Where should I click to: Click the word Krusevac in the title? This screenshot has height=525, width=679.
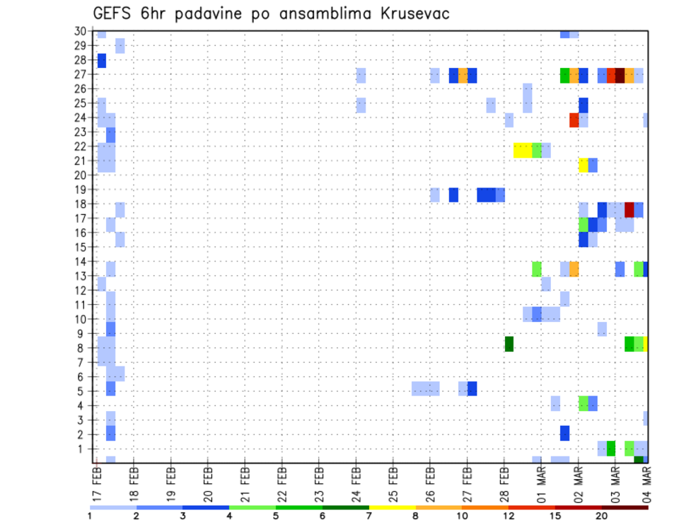(407, 13)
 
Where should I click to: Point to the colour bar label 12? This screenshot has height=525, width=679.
(509, 514)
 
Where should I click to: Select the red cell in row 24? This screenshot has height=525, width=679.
(574, 120)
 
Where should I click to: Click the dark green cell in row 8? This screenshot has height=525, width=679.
(509, 344)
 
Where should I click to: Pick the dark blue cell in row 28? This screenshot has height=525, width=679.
(101, 61)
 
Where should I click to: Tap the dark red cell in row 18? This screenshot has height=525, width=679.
(629, 209)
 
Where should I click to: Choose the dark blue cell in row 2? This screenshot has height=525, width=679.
(564, 432)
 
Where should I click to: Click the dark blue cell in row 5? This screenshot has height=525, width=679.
(472, 388)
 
